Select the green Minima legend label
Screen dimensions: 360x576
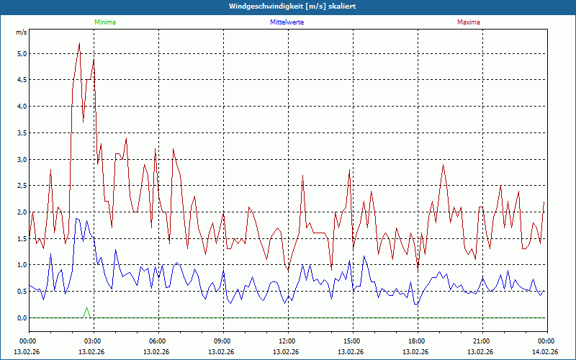click(104, 22)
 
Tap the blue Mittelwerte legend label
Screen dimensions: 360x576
click(287, 22)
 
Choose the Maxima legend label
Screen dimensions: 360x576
click(469, 22)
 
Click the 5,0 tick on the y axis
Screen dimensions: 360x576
click(22, 53)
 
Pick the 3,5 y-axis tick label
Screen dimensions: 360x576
click(22, 132)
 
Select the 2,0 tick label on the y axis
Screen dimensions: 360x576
click(22, 212)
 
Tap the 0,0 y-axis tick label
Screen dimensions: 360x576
click(22, 318)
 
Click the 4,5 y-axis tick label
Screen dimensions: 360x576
click(22, 80)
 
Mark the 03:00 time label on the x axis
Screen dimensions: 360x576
click(92, 341)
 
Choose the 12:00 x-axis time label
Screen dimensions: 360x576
click(287, 341)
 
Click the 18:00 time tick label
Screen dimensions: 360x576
click(416, 341)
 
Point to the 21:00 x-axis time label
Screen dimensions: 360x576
click(481, 341)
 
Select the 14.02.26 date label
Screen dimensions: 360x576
click(546, 352)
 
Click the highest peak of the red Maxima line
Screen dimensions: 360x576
click(79, 43)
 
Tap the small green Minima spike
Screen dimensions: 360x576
click(87, 308)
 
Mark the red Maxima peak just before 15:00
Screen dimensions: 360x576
click(349, 171)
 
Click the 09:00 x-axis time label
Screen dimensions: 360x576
click(222, 341)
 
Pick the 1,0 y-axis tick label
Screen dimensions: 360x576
click(22, 265)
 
